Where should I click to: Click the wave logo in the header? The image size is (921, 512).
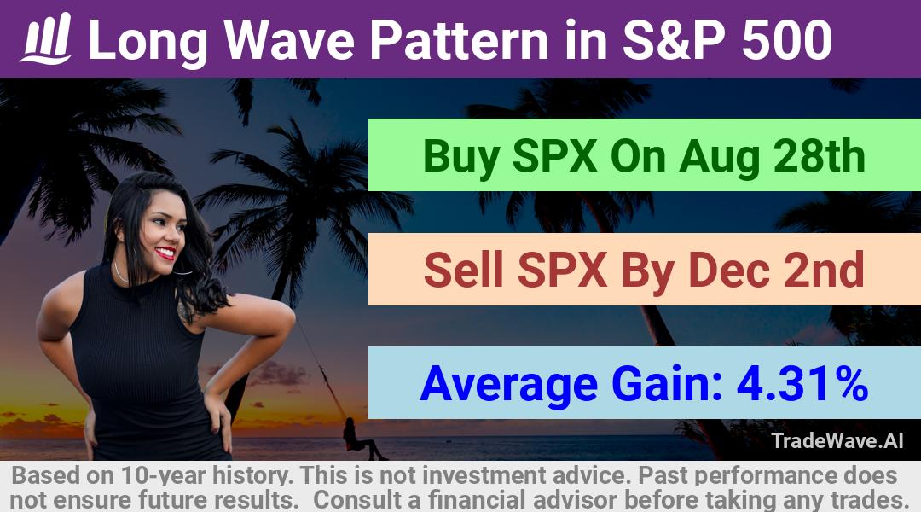(46, 38)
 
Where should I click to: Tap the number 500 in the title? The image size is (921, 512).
(787, 40)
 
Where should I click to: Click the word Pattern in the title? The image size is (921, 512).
(459, 40)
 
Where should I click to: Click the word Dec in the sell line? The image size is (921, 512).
(728, 270)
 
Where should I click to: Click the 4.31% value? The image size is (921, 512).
(802, 383)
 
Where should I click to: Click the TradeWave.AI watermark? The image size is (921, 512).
(837, 441)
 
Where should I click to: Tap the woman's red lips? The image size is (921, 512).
(166, 253)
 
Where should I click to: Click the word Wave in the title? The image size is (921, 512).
(290, 40)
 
